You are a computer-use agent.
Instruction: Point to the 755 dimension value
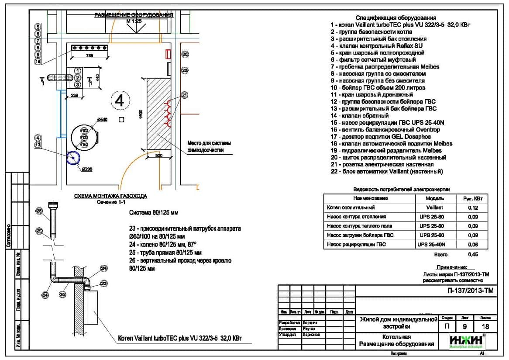pos(89,56)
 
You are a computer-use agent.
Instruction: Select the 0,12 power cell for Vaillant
pos(472,208)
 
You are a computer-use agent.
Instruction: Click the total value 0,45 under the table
pos(472,254)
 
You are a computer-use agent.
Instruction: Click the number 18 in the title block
pos(484,326)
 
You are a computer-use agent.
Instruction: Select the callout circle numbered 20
pos(185,55)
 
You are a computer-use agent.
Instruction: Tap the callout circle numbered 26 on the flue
pos(39,211)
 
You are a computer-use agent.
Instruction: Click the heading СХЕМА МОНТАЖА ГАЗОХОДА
pos(110,196)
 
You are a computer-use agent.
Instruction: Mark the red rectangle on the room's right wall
pos(167,54)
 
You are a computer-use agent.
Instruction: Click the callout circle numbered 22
pos(185,70)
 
